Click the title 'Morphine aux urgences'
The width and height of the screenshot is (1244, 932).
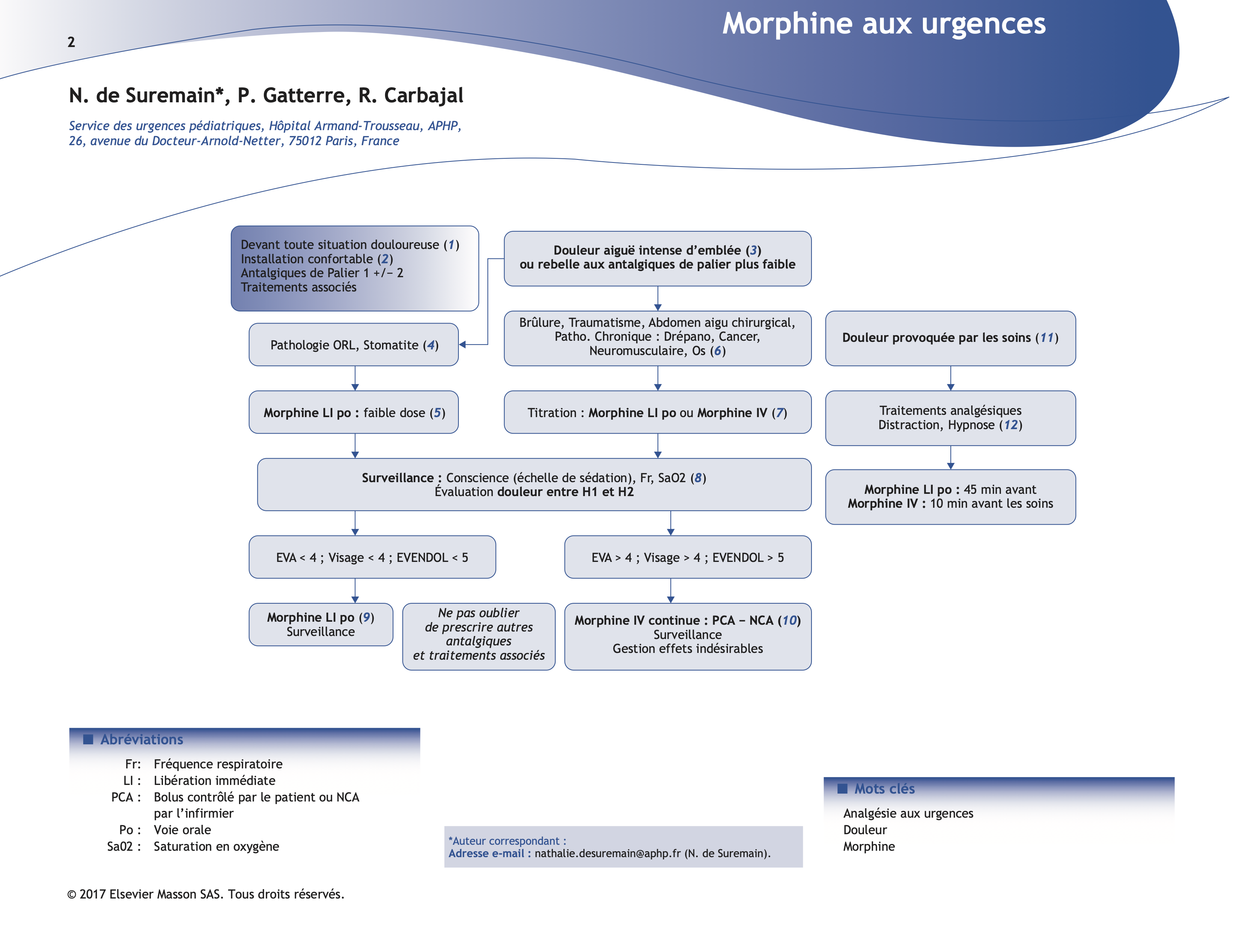883,24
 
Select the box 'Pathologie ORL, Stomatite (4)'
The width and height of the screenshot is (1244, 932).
354,345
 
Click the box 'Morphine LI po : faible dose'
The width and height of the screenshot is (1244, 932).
354,413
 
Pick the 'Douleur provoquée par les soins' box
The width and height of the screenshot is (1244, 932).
950,338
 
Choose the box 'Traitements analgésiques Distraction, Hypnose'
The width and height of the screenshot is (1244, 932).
950,417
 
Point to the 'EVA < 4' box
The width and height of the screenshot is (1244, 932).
372,557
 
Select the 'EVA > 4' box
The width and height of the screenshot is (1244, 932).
687,557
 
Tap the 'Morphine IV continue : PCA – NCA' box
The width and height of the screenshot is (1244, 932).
687,636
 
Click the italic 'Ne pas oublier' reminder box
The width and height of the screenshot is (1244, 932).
478,636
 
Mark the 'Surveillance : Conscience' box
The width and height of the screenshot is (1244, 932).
534,484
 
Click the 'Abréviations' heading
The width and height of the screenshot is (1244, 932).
142,739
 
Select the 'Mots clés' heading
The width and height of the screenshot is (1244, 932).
884,789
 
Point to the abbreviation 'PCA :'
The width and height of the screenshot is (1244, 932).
125,797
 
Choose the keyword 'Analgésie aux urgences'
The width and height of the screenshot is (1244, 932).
908,814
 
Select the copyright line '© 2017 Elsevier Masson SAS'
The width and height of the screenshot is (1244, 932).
206,894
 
